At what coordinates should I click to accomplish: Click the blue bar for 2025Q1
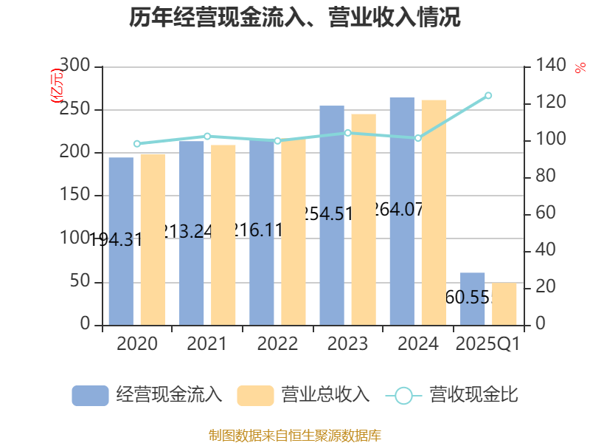coord(473,298)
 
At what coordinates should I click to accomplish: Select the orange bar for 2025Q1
coord(504,303)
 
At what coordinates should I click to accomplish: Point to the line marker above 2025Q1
coord(488,95)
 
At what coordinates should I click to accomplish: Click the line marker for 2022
coord(277,140)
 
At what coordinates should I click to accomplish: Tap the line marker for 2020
coord(137,144)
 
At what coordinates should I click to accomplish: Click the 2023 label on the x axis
coord(347,344)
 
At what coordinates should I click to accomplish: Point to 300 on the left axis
coord(74,66)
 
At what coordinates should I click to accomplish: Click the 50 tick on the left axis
coord(80,282)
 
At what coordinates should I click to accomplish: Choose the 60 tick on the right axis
coord(544,214)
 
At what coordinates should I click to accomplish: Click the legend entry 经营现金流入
coord(147,395)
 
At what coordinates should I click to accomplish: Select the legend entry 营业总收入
coord(303,395)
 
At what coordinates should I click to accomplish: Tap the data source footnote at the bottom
coord(295,435)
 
